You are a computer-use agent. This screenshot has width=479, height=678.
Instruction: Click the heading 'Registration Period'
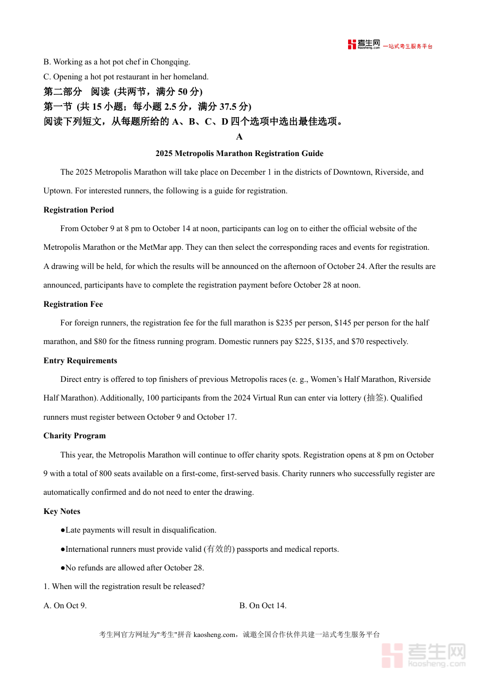click(x=79, y=210)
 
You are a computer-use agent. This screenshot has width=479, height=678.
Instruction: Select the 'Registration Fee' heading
click(x=73, y=304)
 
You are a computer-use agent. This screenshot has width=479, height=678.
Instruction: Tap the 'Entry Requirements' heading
click(x=80, y=361)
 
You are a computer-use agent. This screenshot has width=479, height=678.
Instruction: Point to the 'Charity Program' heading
click(x=75, y=436)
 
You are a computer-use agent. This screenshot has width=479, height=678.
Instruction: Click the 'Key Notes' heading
click(x=62, y=511)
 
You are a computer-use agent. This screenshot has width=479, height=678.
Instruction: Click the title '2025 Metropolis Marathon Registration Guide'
click(x=240, y=153)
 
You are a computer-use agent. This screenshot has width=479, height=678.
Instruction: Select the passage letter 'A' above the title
click(x=240, y=137)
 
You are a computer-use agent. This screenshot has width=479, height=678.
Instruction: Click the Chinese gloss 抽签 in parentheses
click(x=376, y=398)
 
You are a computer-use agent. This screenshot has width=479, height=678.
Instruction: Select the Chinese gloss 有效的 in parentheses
click(x=219, y=549)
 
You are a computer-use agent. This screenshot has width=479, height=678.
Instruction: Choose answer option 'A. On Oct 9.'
click(x=65, y=606)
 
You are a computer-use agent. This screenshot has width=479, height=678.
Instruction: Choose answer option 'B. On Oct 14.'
click(x=263, y=606)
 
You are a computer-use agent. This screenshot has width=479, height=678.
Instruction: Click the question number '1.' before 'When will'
click(x=47, y=586)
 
